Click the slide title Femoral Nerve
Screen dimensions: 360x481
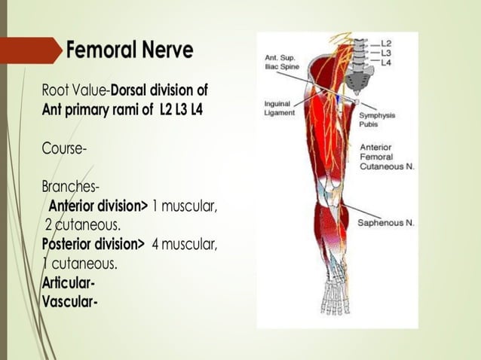pyautogui.click(x=129, y=50)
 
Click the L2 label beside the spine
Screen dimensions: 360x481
pyautogui.click(x=386, y=44)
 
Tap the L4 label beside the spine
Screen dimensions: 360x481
pyautogui.click(x=386, y=63)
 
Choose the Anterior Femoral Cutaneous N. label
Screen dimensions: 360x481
pyautogui.click(x=387, y=156)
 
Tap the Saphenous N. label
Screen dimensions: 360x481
pyautogui.click(x=385, y=223)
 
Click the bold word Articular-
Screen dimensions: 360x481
pyautogui.click(x=69, y=284)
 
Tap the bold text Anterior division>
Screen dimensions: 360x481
pyautogui.click(x=98, y=207)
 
